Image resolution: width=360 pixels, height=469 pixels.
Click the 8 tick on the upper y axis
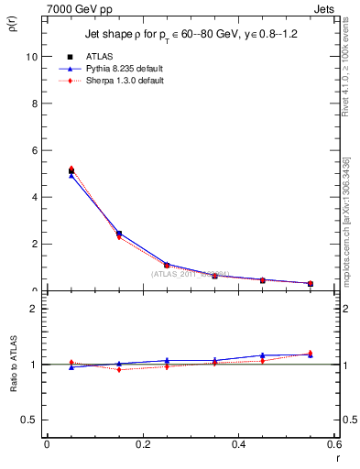point(34,104)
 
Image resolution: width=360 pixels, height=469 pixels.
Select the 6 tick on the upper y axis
point(34,150)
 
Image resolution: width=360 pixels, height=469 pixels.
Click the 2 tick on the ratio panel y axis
point(34,309)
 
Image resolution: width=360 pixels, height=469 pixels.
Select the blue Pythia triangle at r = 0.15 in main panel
point(119,233)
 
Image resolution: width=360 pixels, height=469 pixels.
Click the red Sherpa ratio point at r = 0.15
point(119,369)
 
